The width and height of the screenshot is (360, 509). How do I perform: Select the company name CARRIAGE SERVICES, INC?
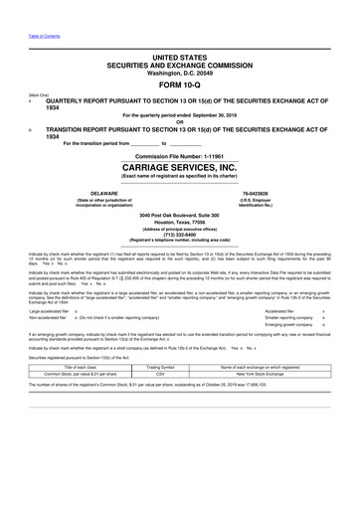click(x=180, y=167)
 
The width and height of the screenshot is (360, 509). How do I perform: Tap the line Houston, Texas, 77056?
click(x=180, y=223)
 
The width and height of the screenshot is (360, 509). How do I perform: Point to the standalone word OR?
click(x=180, y=122)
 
